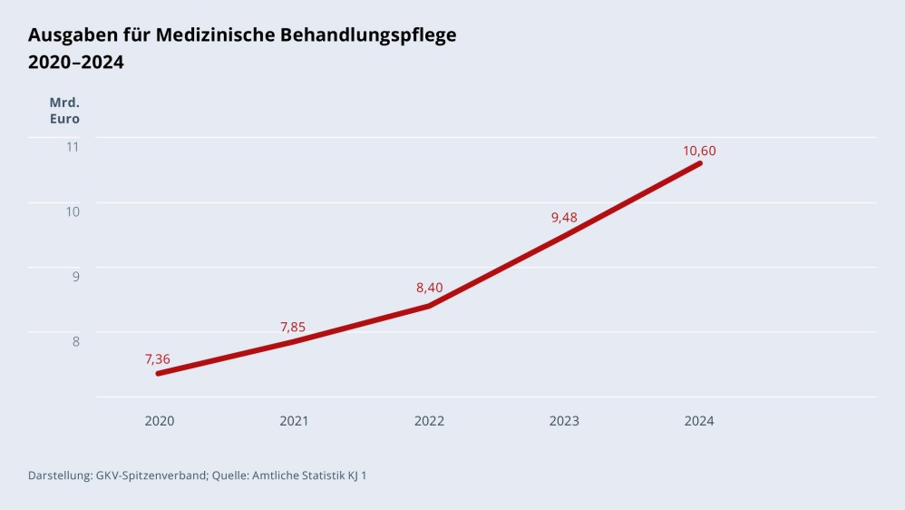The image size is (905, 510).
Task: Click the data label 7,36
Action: tap(158, 359)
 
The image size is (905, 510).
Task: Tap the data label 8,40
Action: tap(430, 288)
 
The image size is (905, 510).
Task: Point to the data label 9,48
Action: tap(564, 217)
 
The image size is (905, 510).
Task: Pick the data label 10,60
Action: tap(699, 151)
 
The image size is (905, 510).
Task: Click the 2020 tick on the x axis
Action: tap(160, 421)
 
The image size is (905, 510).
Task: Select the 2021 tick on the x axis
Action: tap(294, 421)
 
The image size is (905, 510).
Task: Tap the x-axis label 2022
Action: tap(429, 421)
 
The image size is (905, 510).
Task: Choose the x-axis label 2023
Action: tap(564, 421)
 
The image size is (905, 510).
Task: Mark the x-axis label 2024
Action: tap(699, 421)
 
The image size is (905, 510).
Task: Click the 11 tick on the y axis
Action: tap(73, 146)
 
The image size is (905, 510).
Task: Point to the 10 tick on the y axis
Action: tap(72, 211)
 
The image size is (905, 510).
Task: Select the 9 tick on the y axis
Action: tap(76, 276)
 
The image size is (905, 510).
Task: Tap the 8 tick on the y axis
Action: tap(76, 341)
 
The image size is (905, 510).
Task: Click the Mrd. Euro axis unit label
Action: tap(64, 110)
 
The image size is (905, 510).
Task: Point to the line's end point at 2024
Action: tap(699, 163)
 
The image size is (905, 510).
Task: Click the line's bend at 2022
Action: tap(429, 306)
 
